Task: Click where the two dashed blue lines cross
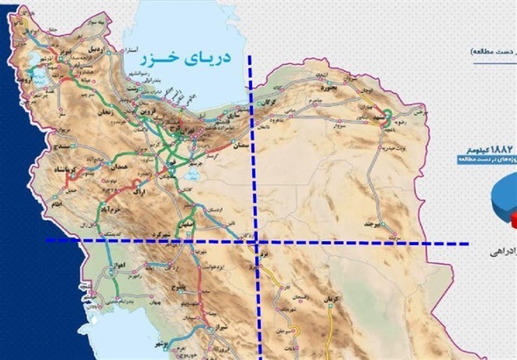[x=257, y=242]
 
